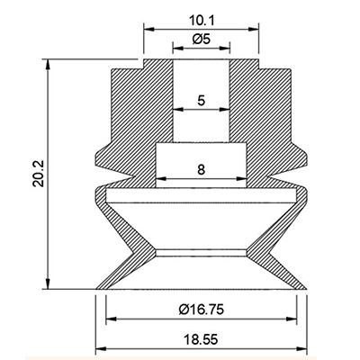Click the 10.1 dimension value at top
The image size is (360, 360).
202,21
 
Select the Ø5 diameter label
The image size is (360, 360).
202,39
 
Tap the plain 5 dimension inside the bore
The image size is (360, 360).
202,100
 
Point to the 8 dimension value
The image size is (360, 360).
202,169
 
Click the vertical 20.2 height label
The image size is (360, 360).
39,174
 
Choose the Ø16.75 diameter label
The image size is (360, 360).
202,309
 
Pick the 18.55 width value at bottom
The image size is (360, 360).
202,340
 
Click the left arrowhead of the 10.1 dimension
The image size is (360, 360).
149,29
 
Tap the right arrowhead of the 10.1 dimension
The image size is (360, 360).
253,29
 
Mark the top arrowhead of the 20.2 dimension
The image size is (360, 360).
48,65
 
